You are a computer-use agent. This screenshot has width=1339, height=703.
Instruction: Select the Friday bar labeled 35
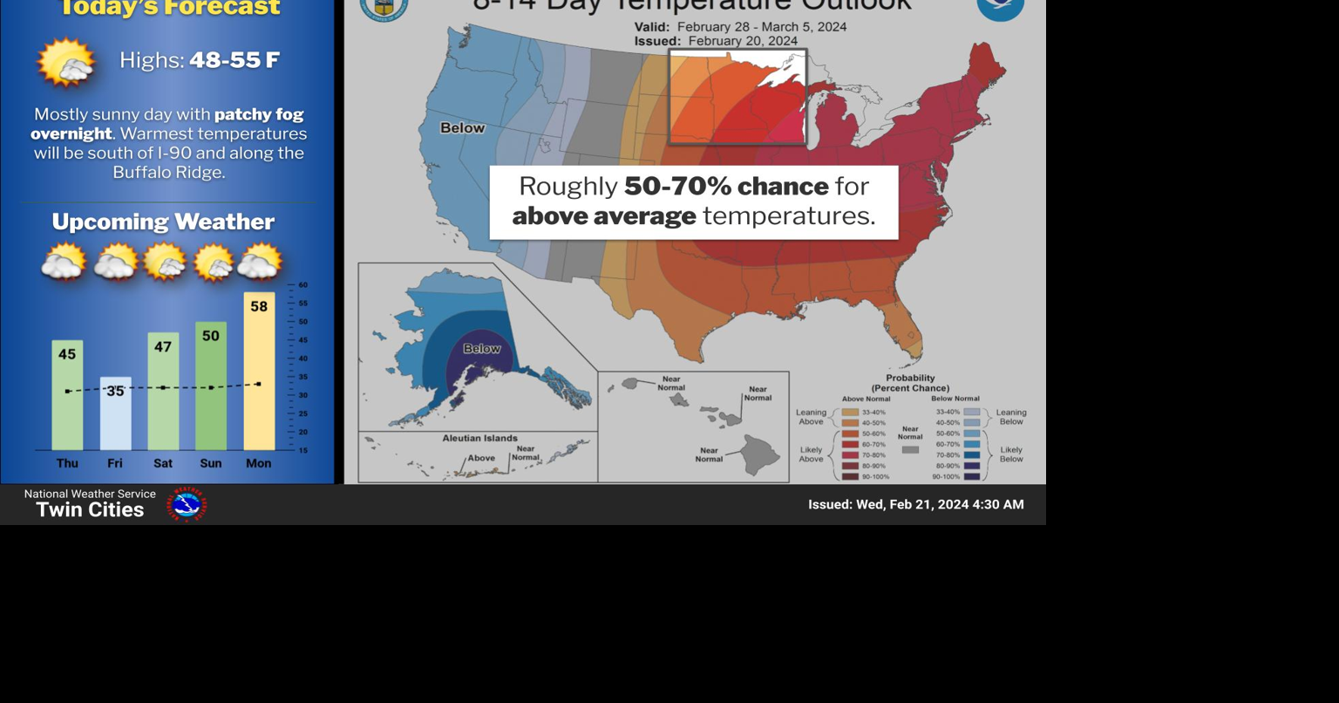(115, 413)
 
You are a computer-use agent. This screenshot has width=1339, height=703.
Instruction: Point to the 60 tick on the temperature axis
(302, 285)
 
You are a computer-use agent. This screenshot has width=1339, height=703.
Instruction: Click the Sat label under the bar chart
(163, 463)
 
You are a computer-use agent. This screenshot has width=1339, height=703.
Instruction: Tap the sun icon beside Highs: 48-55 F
(66, 62)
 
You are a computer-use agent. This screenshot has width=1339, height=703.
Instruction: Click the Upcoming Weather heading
(163, 222)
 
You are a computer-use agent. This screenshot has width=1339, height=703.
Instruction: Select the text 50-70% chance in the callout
(726, 186)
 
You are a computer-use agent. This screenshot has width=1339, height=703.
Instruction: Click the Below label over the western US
(462, 128)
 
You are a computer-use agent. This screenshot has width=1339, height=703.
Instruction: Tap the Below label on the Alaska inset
(481, 349)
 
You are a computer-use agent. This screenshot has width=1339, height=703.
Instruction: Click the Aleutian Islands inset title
(479, 438)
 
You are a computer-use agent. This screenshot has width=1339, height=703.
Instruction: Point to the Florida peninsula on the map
(901, 331)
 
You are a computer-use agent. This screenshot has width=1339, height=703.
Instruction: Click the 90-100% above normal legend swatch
(850, 476)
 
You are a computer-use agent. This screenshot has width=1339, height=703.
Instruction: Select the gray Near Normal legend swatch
(910, 450)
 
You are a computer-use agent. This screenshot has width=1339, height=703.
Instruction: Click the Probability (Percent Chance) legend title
(910, 383)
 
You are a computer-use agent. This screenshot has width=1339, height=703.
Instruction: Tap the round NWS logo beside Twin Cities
(187, 504)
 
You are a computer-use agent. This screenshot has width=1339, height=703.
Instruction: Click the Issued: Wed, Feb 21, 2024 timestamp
(915, 504)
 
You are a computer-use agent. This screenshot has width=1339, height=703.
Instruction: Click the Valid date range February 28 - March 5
(740, 26)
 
